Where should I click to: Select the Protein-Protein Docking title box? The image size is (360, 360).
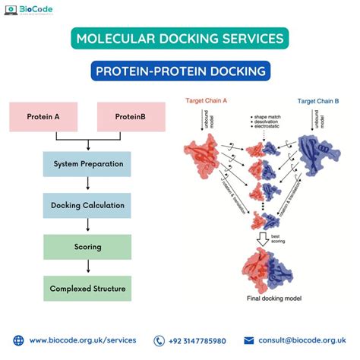click(179, 71)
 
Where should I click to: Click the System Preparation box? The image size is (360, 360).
click(87, 164)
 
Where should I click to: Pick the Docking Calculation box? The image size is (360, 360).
click(87, 205)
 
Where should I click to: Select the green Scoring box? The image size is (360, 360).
click(87, 247)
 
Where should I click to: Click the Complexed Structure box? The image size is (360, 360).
click(87, 289)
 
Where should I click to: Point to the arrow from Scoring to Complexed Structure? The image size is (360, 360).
click(88, 267)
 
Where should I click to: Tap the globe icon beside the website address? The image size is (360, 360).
click(17, 341)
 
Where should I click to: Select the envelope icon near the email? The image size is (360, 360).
click(249, 341)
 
